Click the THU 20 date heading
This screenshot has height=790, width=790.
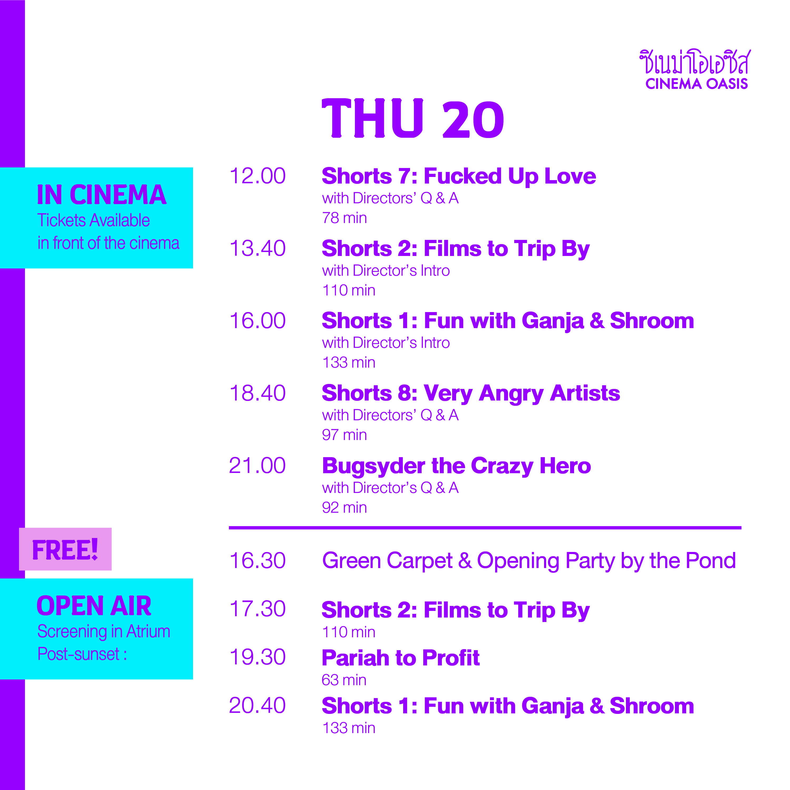coord(413,118)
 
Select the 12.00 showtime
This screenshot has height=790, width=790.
coord(258,176)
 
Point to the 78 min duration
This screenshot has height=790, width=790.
coord(344,218)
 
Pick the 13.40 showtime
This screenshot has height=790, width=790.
coord(258,249)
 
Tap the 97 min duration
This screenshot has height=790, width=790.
coord(344,435)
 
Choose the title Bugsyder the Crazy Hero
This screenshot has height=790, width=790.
coord(456,466)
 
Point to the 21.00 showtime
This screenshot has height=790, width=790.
coord(258,466)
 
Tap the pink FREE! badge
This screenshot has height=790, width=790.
coord(65,549)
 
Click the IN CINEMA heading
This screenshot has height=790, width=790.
coord(102,195)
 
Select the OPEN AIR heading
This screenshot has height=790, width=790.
coord(94,606)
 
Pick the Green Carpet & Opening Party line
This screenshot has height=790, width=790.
coord(529,561)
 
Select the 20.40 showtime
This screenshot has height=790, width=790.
coord(258,706)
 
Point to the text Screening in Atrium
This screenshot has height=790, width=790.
coord(104,631)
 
